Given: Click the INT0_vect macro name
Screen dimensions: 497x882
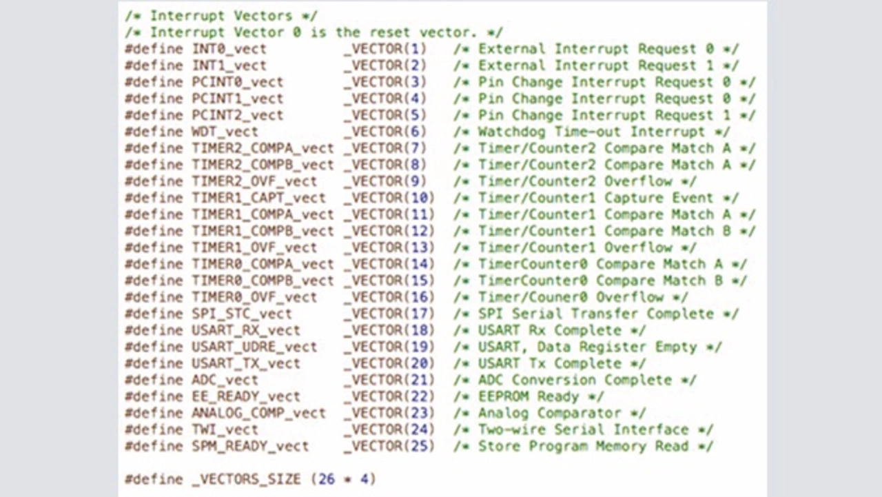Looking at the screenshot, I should click(x=229, y=49).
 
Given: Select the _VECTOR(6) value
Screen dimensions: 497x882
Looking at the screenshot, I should click(x=385, y=132).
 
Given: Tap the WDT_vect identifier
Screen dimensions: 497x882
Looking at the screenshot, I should click(x=225, y=132).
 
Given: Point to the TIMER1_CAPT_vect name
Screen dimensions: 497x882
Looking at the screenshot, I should click(x=258, y=198).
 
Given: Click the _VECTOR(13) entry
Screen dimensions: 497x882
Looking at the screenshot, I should click(x=389, y=247).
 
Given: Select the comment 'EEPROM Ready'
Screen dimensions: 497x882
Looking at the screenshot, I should click(x=529, y=396).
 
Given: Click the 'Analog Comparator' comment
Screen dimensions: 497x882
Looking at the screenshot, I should click(x=549, y=413).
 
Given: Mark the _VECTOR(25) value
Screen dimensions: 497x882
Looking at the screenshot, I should click(x=389, y=446).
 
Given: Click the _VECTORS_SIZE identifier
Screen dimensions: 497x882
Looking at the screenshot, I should click(x=246, y=479).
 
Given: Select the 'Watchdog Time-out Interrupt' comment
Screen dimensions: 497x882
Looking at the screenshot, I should click(x=591, y=132).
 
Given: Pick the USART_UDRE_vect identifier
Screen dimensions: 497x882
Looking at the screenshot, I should click(x=254, y=347).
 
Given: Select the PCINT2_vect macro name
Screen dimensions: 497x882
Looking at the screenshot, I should click(x=237, y=115).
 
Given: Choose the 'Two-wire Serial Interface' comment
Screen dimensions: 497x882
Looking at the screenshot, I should click(x=583, y=429).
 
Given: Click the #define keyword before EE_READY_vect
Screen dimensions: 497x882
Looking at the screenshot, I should click(x=154, y=396).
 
